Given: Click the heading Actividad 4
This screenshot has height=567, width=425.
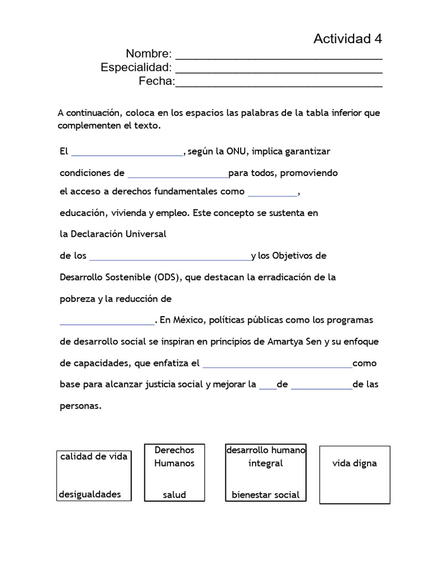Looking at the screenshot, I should (x=348, y=39).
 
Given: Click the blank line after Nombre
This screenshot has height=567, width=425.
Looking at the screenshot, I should (x=278, y=56).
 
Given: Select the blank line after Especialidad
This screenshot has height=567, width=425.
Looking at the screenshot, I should (x=278, y=70).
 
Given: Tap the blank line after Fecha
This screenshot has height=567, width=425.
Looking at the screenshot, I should (x=278, y=84).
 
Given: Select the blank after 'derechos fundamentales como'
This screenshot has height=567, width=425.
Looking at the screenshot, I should (x=272, y=194).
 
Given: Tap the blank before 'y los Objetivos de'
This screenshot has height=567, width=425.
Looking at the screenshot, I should (x=169, y=258).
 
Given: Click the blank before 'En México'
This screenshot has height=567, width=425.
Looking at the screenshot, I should (x=107, y=322).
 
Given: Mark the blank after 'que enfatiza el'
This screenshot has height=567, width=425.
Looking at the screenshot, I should (x=277, y=365).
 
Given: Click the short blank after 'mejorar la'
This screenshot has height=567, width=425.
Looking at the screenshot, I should (x=267, y=387).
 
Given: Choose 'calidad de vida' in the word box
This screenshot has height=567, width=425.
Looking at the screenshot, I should (x=94, y=456).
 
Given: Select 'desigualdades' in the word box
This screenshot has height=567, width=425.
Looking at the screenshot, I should (x=90, y=494).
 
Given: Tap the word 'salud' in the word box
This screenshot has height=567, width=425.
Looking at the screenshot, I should (x=174, y=495).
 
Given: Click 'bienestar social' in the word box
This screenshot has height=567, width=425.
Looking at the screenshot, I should (x=266, y=495).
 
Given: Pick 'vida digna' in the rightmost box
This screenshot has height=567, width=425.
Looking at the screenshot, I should (x=354, y=463).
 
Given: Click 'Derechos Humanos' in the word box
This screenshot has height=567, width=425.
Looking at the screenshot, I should (x=174, y=457).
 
